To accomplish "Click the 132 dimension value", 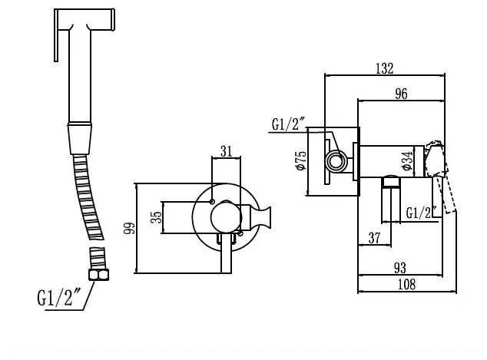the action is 385,68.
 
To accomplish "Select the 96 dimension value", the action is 401,94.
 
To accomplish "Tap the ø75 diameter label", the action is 301,160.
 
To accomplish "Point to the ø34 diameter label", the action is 408,160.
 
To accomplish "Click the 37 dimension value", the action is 374,238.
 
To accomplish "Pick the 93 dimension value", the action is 400,268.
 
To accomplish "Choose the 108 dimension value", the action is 406,284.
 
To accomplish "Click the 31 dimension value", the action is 227,151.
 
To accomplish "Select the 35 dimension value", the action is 156,217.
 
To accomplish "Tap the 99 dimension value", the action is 130,228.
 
